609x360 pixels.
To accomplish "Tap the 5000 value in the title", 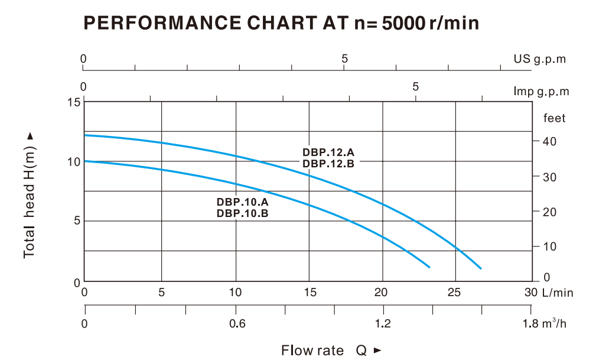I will click(403, 23).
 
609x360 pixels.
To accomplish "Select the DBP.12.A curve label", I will click(328, 153).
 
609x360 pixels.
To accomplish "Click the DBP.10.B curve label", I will click(243, 213).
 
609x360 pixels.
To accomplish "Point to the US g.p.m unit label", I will click(539, 59).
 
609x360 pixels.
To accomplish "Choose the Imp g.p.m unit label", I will click(541, 92).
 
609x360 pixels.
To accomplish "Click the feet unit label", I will click(554, 118).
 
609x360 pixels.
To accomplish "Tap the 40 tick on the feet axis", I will click(550, 141).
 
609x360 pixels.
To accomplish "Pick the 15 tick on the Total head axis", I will click(73, 102).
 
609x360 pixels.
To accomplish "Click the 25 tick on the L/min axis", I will click(455, 293).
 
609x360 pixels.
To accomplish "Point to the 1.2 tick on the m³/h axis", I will click(383, 323).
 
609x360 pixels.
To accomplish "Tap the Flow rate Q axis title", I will click(331, 351).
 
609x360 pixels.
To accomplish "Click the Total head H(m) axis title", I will click(30, 195).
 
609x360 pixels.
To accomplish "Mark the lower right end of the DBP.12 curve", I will click(481, 268).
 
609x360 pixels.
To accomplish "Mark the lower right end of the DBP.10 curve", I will click(429, 267).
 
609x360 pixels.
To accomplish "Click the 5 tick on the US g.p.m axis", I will click(344, 59).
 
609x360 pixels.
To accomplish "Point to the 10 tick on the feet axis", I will click(550, 247).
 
